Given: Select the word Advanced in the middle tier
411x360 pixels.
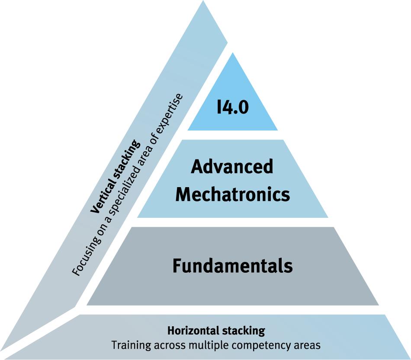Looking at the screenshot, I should click(x=233, y=166).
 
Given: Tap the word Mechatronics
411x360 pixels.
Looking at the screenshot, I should click(x=233, y=194).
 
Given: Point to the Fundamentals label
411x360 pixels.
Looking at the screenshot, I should click(x=233, y=266).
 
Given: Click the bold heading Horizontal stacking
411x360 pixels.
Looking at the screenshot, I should click(x=216, y=331).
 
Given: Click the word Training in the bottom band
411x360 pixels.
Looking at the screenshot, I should click(x=127, y=345).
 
